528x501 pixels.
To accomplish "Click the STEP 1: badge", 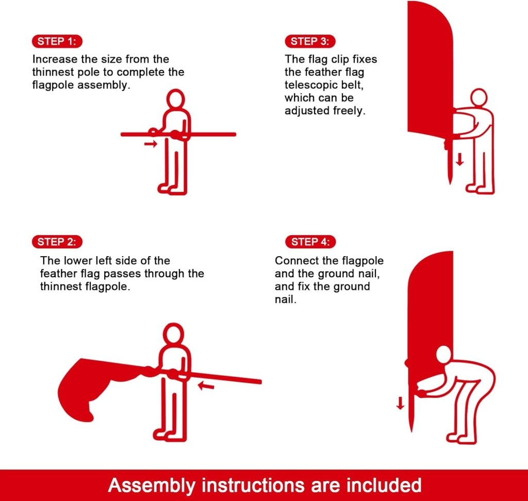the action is (57, 41).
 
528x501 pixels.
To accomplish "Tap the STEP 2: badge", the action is (57, 242).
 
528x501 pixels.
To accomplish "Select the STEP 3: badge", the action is (310, 41).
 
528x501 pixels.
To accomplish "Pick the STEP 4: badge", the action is (310, 242).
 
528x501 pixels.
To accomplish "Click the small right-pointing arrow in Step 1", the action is (151, 144).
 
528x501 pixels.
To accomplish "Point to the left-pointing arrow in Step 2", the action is (206, 386).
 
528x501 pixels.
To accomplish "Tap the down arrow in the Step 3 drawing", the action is (459, 159).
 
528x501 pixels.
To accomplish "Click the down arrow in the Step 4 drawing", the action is (400, 403).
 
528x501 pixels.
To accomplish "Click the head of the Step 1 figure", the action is (175, 99).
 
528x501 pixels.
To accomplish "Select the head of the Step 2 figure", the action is (173, 333).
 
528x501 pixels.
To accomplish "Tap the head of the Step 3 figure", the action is (478, 97).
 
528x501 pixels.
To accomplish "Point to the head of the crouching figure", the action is (443, 355).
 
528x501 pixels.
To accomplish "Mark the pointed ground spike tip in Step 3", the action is (450, 183).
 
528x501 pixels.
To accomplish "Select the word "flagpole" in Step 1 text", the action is (53, 85).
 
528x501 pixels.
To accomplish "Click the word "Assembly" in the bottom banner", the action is (152, 486).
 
